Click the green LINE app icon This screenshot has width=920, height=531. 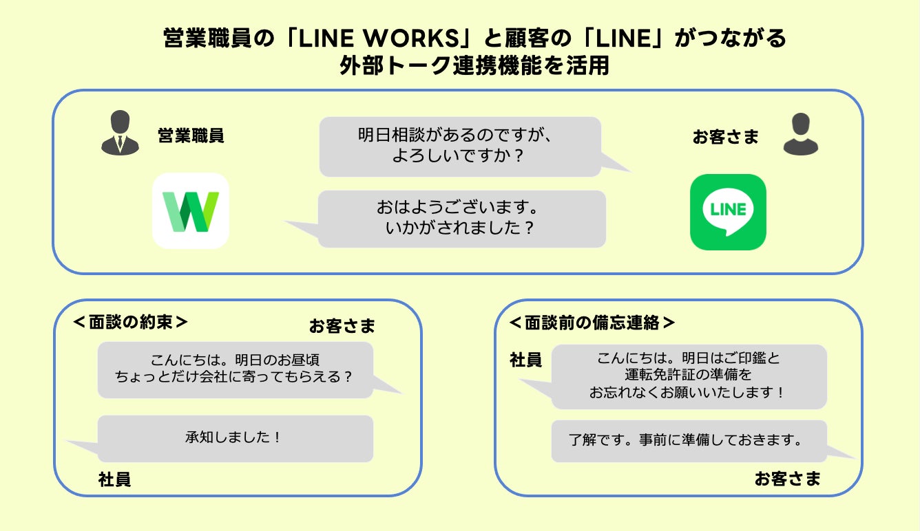pyautogui.click(x=728, y=212)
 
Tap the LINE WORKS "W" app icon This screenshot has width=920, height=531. pyautogui.click(x=191, y=211)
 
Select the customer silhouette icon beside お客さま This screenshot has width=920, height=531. pyautogui.click(x=800, y=134)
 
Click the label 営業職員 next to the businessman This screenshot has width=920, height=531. pyautogui.click(x=191, y=136)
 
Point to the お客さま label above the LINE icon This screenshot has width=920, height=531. pyautogui.click(x=725, y=137)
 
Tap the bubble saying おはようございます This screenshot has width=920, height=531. pyautogui.click(x=461, y=219)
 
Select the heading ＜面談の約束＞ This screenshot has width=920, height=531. pyautogui.click(x=131, y=323)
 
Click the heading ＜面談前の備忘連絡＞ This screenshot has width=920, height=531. pyautogui.click(x=592, y=323)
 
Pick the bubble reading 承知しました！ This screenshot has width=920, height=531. pyautogui.click(x=236, y=438)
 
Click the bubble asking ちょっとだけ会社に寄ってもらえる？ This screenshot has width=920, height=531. pyautogui.click(x=236, y=369)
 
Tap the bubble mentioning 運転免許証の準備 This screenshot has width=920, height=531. pyautogui.click(x=689, y=376)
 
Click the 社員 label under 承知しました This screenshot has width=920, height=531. pyautogui.click(x=114, y=479)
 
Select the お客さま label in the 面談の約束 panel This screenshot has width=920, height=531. pyautogui.click(x=342, y=326)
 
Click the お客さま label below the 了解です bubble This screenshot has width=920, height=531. pyautogui.click(x=787, y=479)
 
